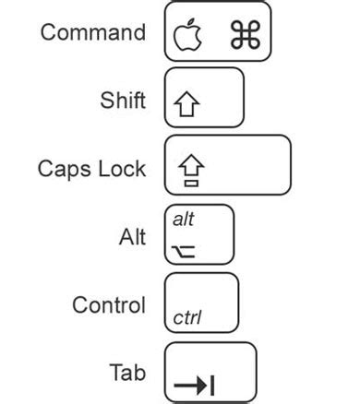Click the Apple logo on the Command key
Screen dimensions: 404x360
coord(188,35)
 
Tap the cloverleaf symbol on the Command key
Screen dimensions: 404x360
coord(246,35)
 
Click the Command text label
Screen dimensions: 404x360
coord(92,32)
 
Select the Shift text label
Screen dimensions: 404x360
coord(122,100)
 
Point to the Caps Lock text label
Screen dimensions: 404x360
coord(91,169)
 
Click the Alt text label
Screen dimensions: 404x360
coord(132,237)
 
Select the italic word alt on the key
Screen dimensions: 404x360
coord(184,220)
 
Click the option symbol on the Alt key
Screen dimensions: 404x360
coord(185,249)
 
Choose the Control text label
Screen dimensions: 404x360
coord(108,304)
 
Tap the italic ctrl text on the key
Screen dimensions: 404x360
coord(187,318)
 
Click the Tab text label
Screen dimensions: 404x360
coord(127,373)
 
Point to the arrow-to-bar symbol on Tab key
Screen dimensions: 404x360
coord(195,384)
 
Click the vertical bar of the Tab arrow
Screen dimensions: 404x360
coord(213,384)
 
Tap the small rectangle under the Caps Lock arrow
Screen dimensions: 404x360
coord(190,182)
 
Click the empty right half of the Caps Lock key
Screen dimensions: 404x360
coord(254,165)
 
